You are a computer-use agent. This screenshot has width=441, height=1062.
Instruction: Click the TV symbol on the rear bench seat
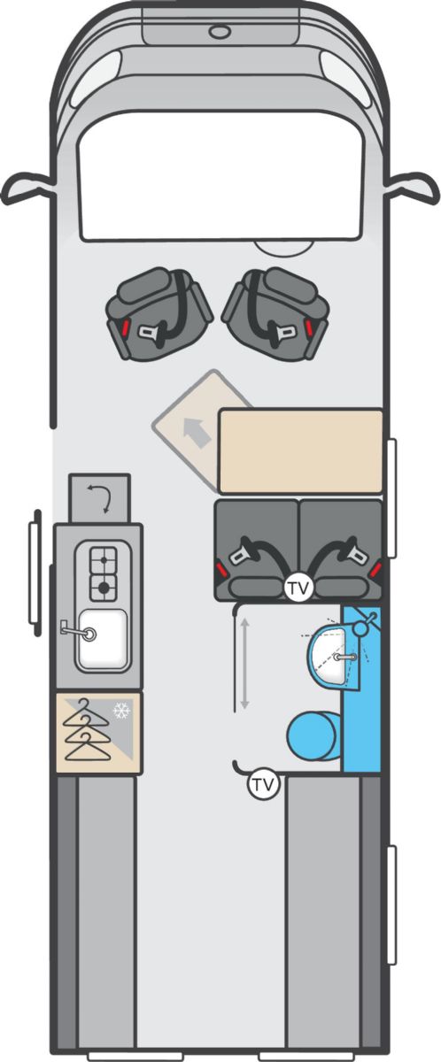pyautogui.click(x=298, y=588)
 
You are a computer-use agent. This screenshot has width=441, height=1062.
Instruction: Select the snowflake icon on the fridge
pyautogui.click(x=122, y=711)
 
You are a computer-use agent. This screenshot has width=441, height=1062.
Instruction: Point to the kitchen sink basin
pyautogui.click(x=103, y=638)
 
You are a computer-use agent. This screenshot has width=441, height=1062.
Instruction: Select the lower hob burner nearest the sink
pyautogui.click(x=104, y=588)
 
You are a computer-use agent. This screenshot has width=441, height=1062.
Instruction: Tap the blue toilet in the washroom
pyautogui.click(x=313, y=735)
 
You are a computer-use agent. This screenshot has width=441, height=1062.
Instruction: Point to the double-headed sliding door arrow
pyautogui.click(x=244, y=664)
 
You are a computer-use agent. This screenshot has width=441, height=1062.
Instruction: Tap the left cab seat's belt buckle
pyautogui.click(x=148, y=331)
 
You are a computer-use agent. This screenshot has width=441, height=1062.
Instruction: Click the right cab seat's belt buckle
pyautogui.click(x=280, y=332)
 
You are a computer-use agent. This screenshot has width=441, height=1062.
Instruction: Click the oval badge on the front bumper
pyautogui.click(x=219, y=32)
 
